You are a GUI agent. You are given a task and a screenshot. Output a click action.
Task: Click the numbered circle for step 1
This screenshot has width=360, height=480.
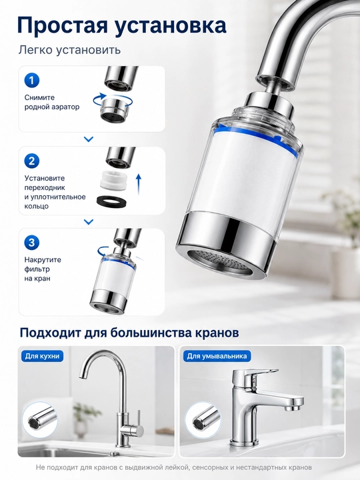point(32,81)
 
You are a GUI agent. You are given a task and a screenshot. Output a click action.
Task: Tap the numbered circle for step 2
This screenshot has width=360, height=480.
point(32,161)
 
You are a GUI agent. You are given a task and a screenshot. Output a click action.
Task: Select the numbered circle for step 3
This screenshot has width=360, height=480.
point(32,243)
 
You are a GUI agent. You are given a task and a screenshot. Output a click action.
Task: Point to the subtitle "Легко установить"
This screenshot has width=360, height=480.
point(69,50)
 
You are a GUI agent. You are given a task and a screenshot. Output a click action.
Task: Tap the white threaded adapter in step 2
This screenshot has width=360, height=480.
point(113,181)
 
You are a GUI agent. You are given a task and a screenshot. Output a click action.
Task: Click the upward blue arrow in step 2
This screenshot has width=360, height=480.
point(139,184)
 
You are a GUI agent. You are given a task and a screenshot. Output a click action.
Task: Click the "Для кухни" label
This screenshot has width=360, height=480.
point(42,356)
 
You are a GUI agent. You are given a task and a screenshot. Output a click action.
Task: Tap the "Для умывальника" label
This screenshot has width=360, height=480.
point(217,356)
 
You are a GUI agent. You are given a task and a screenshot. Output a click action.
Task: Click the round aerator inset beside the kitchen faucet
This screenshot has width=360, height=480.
point(40,419)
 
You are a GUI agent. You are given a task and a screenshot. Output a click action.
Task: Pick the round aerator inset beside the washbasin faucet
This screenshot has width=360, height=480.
point(203,419)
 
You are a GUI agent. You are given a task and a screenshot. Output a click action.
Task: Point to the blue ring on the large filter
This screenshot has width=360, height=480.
point(257,139)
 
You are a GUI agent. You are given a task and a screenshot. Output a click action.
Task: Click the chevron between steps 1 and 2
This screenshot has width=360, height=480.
point(89,139)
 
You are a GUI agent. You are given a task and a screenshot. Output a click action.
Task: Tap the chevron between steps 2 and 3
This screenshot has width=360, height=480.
point(89,221)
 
